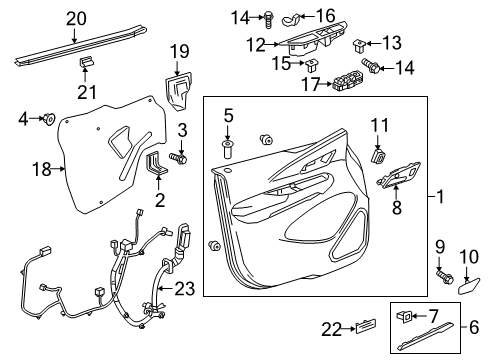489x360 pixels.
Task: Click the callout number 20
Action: click(76, 17)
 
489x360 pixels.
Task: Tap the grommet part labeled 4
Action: click(47, 121)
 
